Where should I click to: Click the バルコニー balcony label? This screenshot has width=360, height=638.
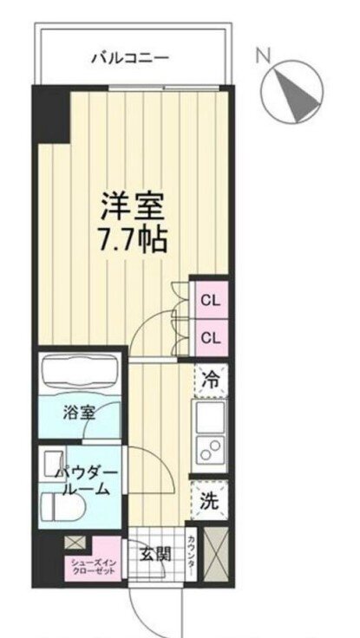pos(129,57)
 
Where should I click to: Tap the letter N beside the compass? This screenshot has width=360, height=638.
pos(264,55)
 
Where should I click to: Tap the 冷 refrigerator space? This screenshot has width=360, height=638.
pos(211,381)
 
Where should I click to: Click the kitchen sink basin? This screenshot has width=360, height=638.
pos(210,417)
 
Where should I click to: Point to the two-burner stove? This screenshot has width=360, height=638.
pos(210,452)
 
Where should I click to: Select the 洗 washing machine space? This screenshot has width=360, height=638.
pos(209,500)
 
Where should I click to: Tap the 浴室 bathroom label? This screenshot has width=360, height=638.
pos(79,413)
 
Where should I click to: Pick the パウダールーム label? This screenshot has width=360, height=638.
pos(87,480)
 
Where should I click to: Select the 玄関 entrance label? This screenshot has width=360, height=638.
pos(155,554)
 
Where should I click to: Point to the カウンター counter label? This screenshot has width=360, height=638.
pos(191,554)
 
